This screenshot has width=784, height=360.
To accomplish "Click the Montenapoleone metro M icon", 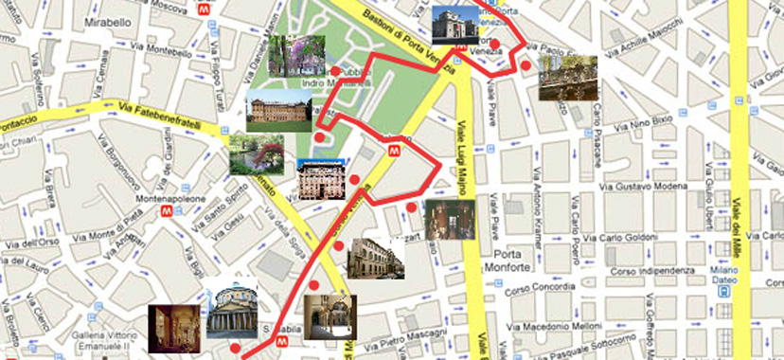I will click(x=166, y=213).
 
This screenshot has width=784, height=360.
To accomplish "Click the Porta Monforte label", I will click(x=508, y=263).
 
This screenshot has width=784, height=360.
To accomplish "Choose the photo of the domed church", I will click(x=231, y=309).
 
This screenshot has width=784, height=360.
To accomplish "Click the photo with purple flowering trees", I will click(x=296, y=55).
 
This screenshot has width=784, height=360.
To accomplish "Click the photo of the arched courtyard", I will click(x=330, y=316).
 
